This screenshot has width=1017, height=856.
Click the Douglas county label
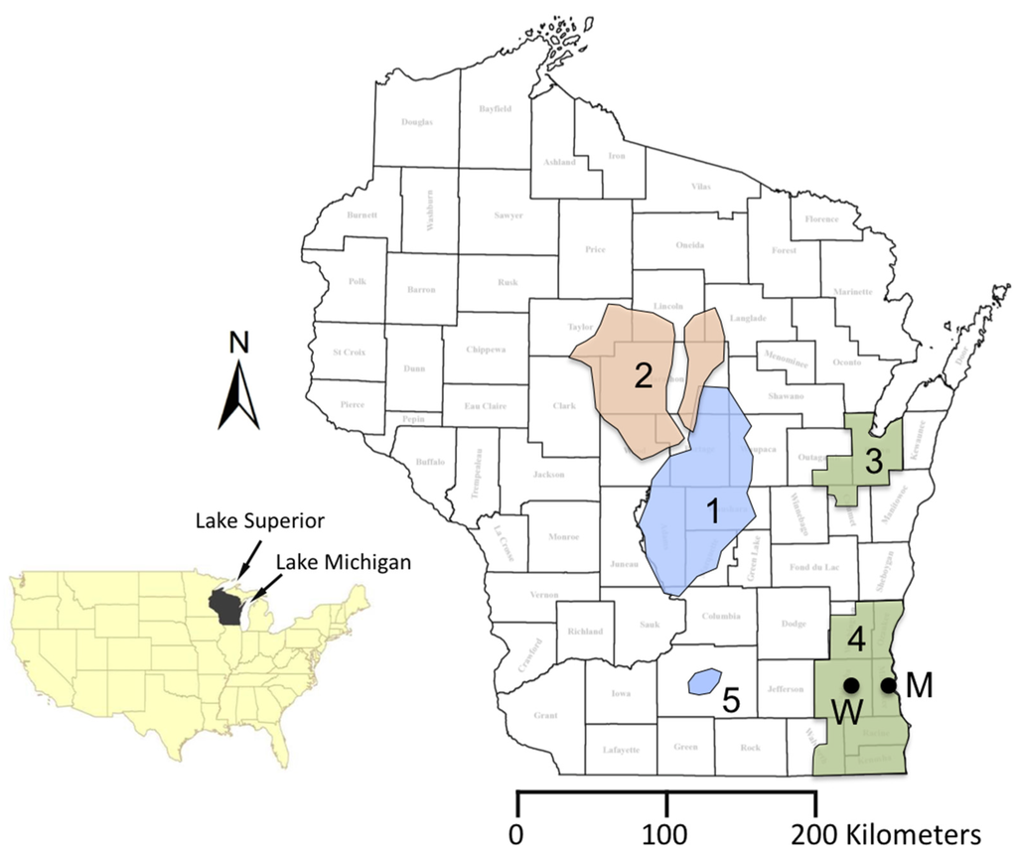pos(417,122)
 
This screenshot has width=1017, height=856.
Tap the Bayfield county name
pos(495,108)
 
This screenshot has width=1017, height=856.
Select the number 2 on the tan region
pos(643,376)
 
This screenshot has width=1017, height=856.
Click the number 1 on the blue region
pos(712,511)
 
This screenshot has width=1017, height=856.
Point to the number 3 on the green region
pos(873,461)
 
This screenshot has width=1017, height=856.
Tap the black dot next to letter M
pos(888,684)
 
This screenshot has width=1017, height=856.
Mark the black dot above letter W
pos(850,684)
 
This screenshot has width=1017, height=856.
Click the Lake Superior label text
pos(260,520)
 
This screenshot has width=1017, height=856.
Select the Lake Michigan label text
pos(343,561)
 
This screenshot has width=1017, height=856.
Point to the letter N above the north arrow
pos(238,343)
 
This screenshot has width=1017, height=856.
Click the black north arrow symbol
pos(239,394)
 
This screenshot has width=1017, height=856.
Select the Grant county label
pos(545,715)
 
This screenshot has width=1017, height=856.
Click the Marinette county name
pos(854,292)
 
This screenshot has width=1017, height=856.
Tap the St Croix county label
pos(349,353)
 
